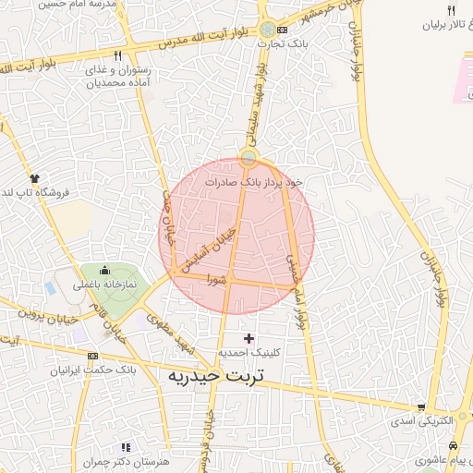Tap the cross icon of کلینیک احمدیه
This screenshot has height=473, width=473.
tap(249, 338)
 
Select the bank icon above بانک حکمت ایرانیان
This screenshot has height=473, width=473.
tap(92, 357)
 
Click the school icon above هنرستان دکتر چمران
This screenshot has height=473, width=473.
tap(126, 447)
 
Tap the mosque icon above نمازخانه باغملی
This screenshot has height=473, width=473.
tap(104, 271)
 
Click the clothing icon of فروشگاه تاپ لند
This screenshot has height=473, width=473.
tap(35, 177)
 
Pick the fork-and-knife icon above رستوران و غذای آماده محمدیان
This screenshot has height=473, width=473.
tap(116, 55)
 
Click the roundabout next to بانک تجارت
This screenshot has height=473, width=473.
tap(268, 30)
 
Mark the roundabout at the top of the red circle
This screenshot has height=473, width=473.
tap(248, 159)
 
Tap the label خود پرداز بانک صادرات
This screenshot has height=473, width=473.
tap(266, 182)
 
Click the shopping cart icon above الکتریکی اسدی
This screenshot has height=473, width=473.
tap(421, 406)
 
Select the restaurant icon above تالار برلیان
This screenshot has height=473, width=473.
tap(451, 10)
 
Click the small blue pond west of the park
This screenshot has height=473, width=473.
tap(48, 288)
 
